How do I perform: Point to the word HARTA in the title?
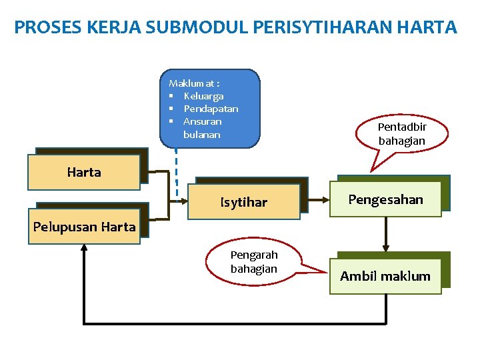pos(427,27)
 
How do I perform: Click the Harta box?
pos(84,172)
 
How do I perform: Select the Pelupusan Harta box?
pos(84,227)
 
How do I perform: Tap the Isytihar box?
pos(244,202)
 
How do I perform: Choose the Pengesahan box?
pos(386,199)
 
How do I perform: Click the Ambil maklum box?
pos(385,276)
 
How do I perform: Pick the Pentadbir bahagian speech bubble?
pos(402,134)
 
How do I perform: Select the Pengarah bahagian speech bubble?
pos(254,262)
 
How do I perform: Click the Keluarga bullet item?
pos(203,96)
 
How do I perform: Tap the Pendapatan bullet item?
pos(211,109)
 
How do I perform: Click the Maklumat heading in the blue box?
pos(194,83)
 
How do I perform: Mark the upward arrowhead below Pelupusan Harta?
pos(84,247)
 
